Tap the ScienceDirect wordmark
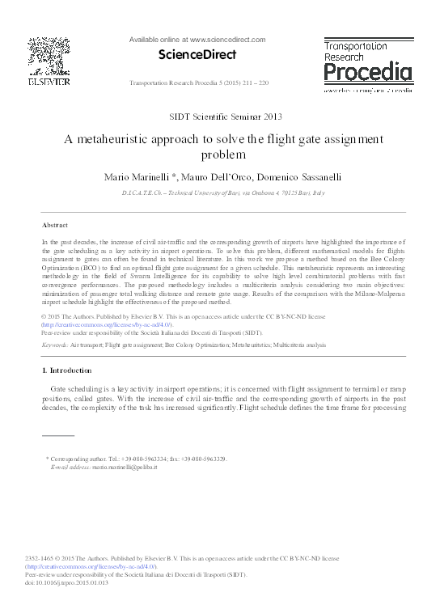click(199, 55)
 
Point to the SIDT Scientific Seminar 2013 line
click(220, 116)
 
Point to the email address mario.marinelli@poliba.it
click(125, 467)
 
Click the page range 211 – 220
click(257, 83)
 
